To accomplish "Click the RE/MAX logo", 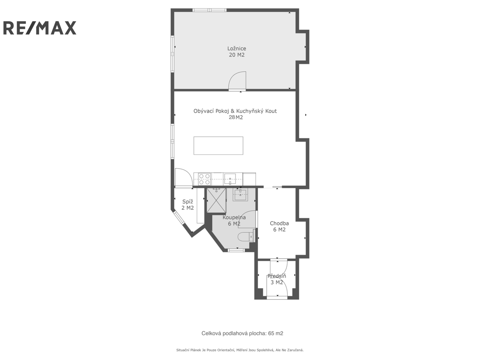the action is coord(40,28).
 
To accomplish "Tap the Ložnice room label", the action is coord(237,49).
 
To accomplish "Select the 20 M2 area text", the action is coord(237,55).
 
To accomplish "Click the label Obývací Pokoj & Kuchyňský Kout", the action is coord(235,111).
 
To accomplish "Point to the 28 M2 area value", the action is coord(236,117).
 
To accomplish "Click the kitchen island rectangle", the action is coord(218,146).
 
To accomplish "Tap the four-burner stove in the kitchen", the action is coord(204,179).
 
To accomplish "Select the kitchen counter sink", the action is coord(230,179).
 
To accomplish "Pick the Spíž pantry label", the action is coord(188,202).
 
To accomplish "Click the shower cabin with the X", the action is coord(216,200).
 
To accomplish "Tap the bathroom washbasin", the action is coord(240,195).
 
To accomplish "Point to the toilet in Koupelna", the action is coord(246,237).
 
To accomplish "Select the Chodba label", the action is coord(279,223).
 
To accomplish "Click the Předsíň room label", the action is coord(277,276).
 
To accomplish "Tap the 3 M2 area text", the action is coord(277,282).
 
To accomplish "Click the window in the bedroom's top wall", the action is coord(209,10).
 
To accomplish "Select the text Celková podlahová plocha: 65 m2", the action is coord(242,333).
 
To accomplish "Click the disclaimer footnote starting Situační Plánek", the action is coord(240,350).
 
